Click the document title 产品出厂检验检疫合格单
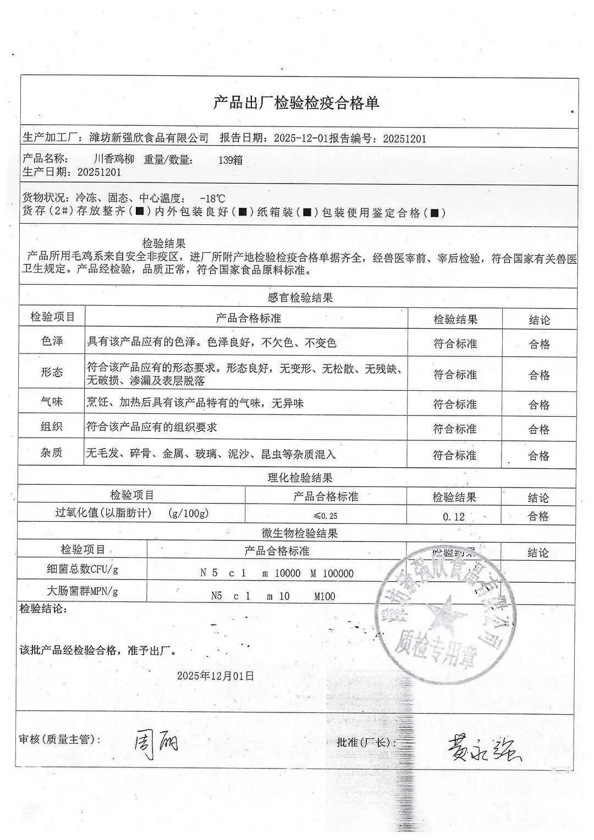click(296, 103)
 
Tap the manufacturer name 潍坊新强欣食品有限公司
click(148, 138)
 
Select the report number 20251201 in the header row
click(404, 139)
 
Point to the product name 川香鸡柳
click(114, 159)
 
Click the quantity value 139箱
click(230, 161)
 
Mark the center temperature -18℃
click(212, 198)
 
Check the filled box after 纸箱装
click(308, 213)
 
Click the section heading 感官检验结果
click(300, 298)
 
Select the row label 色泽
click(52, 341)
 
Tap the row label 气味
click(52, 402)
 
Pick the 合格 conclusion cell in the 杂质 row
click(539, 455)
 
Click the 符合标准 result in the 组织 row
click(455, 429)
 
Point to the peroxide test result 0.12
click(454, 517)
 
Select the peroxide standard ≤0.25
click(326, 516)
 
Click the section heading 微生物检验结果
click(300, 533)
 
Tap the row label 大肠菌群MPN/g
click(82, 592)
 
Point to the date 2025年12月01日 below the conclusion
click(216, 676)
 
